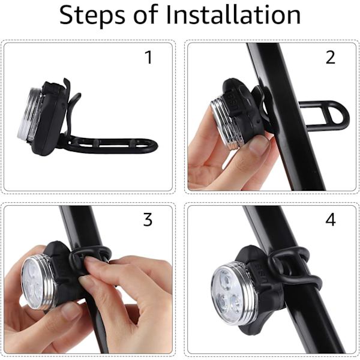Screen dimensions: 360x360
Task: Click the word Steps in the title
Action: [x=92, y=16]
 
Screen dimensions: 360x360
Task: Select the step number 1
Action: [x=149, y=58]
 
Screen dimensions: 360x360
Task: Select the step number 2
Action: [x=331, y=58]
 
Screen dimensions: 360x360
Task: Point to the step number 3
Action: [x=148, y=220]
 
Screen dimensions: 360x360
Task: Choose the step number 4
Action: [x=331, y=220]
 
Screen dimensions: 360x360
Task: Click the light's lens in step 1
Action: [x=27, y=114]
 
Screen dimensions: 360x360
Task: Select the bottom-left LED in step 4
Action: [x=221, y=301]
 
